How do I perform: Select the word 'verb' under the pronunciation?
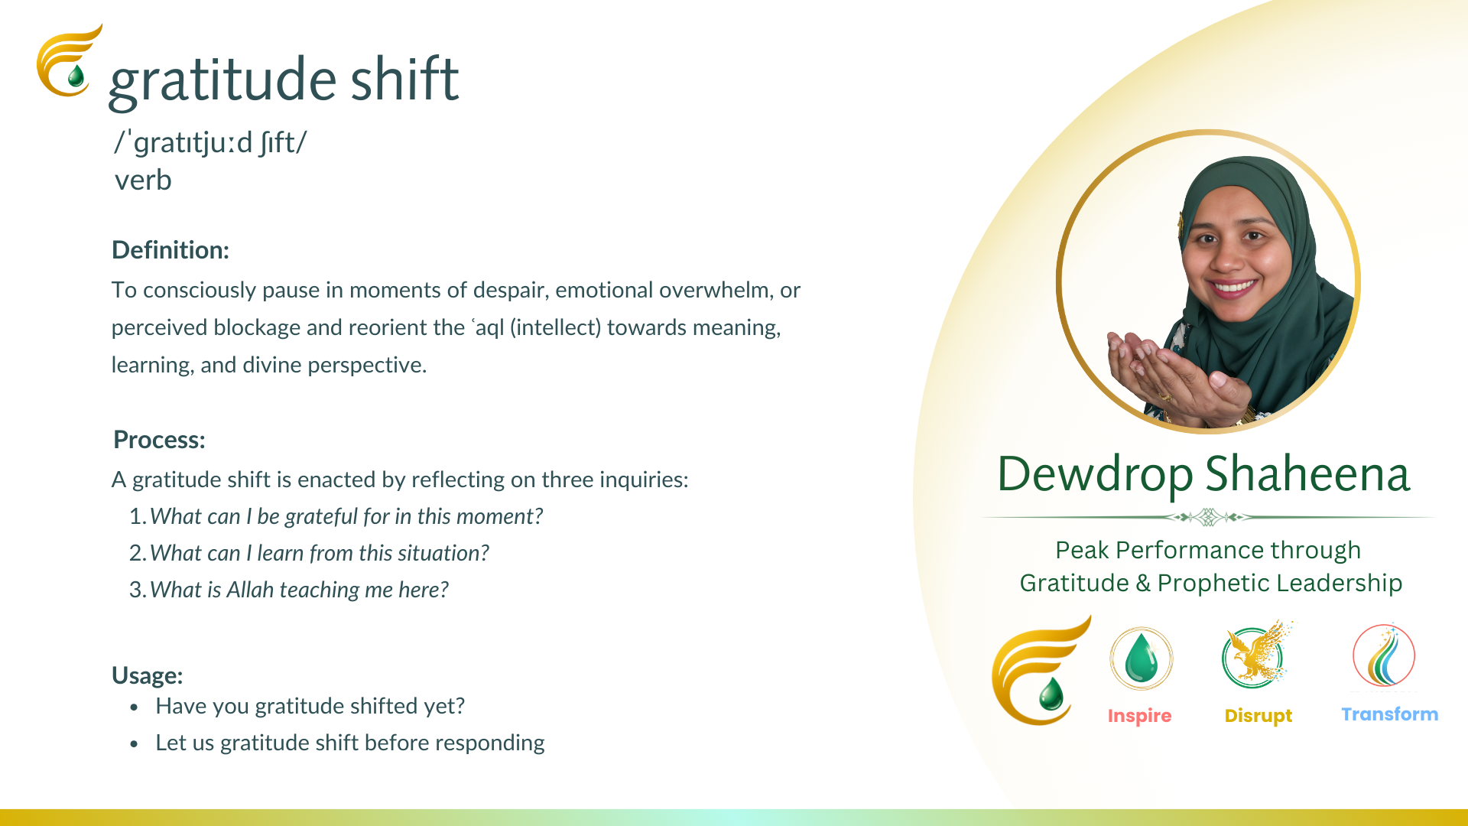143,180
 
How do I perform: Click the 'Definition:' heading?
171,250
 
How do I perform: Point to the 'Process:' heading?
159,440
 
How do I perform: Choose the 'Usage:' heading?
147,675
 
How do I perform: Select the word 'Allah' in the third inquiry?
250,590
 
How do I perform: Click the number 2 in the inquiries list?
137,553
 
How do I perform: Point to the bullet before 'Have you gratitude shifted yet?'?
135,707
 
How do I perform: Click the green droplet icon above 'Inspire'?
1141,659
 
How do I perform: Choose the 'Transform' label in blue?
1390,714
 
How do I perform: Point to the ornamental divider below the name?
1208,518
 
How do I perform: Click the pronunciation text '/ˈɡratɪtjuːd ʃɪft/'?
210,143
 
